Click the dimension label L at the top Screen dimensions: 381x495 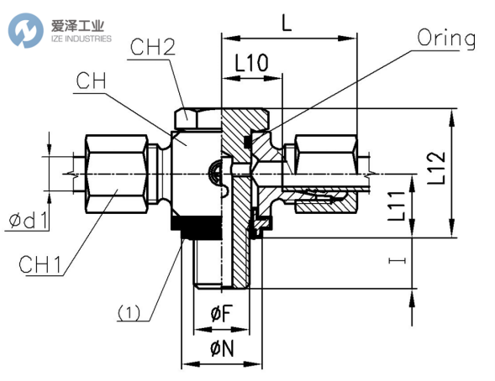coord(287,23)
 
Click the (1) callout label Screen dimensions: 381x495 coord(128,314)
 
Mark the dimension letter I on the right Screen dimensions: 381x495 coord(406,261)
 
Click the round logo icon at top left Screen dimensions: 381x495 coord(24,29)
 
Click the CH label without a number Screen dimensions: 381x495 coord(92,81)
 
